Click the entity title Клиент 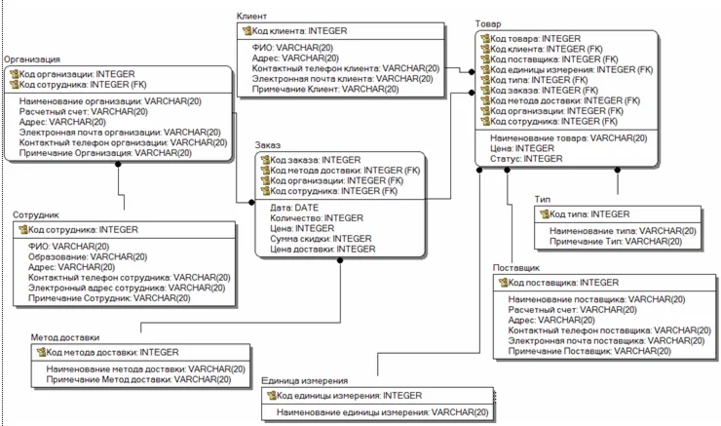[x=252, y=18]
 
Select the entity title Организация [x=32, y=58]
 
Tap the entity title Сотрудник [x=36, y=214]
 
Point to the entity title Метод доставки [x=66, y=337]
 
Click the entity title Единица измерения [x=305, y=381]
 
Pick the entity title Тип [x=542, y=200]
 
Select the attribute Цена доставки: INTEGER [x=322, y=249]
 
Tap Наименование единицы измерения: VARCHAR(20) [x=381, y=413]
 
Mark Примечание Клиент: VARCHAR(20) [x=325, y=89]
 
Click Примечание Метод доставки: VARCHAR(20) [x=138, y=379]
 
